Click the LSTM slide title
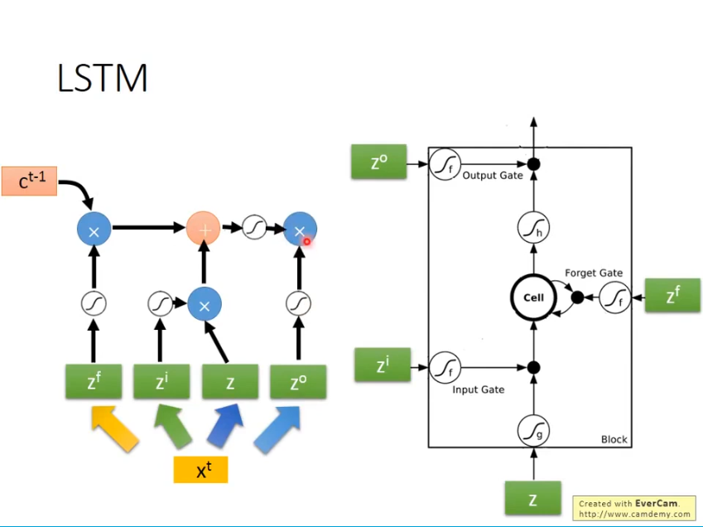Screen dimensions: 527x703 click(103, 78)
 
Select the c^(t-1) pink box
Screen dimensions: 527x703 click(29, 181)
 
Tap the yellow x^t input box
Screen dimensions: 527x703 click(200, 469)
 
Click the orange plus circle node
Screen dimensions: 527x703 click(203, 228)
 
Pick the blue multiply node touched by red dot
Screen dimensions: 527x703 click(299, 230)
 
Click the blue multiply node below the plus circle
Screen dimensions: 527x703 click(205, 305)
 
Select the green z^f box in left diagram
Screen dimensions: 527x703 click(94, 381)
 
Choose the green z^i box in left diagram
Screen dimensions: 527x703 click(161, 381)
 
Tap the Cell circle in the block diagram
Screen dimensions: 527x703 click(533, 297)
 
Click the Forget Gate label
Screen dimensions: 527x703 click(593, 273)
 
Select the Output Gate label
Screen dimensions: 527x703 click(492, 176)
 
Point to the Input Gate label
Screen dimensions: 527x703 click(479, 389)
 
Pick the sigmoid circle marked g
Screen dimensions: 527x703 click(533, 430)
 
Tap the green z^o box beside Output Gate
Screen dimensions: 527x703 click(378, 162)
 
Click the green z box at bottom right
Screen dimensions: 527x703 click(532, 499)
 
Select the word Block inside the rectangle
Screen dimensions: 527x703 click(614, 439)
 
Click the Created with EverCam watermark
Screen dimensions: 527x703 click(633, 508)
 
